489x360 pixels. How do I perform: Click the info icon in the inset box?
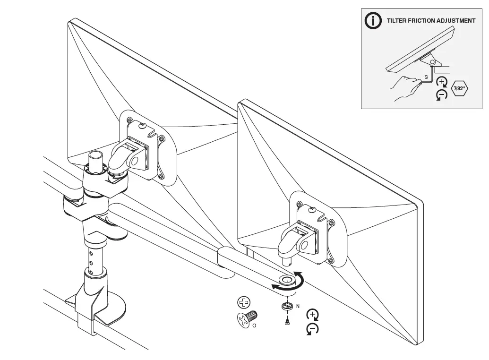373,21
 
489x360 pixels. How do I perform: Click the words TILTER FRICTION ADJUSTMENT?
431,21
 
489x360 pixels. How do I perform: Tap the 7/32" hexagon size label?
459,88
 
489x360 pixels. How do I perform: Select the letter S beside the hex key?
426,77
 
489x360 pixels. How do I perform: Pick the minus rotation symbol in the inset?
441,95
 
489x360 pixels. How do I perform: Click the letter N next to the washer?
298,306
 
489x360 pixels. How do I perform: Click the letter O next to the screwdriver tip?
255,325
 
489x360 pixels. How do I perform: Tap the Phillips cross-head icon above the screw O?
244,303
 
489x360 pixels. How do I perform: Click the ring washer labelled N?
286,306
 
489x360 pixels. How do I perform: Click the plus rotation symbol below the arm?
312,315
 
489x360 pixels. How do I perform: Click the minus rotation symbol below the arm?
312,329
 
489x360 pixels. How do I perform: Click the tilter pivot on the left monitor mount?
135,161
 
